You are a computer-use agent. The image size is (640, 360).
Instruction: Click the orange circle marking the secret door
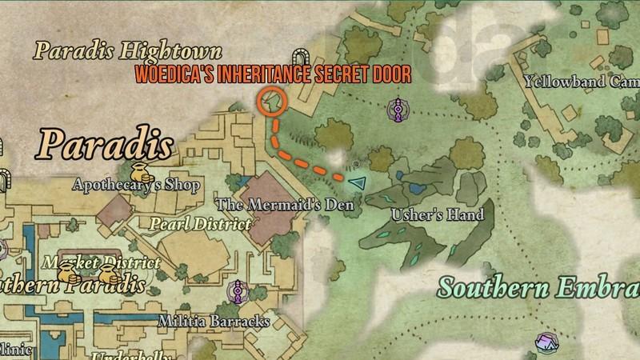pos(273,102)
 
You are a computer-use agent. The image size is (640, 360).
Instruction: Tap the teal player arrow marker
pos(356,183)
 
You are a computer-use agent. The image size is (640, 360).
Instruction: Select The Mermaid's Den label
pos(285,205)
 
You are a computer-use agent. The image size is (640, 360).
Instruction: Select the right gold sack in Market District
pos(110,275)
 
